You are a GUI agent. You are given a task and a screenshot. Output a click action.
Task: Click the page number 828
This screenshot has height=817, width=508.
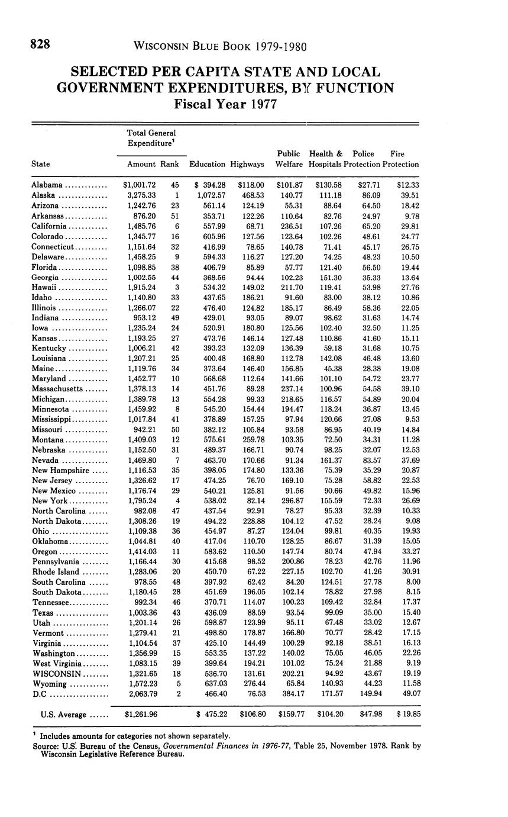tap(41, 44)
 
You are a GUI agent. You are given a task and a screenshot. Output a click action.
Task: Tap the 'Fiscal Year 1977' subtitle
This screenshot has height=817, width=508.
tap(225, 105)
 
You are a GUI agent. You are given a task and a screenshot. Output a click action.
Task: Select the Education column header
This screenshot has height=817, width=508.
tap(207, 164)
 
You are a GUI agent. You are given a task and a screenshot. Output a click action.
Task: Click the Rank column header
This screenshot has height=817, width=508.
tap(170, 164)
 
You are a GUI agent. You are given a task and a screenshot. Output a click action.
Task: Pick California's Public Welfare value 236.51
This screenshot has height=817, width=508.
tap(290, 226)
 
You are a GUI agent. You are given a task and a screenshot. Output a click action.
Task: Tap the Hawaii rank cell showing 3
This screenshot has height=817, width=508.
tap(177, 287)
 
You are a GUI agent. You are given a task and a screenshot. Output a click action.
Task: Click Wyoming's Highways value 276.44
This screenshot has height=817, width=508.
tap(251, 684)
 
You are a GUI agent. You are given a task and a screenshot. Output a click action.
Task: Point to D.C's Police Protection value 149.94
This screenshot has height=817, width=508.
tap(371, 694)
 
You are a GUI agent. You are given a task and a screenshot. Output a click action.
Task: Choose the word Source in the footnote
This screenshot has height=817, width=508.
tap(45, 746)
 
